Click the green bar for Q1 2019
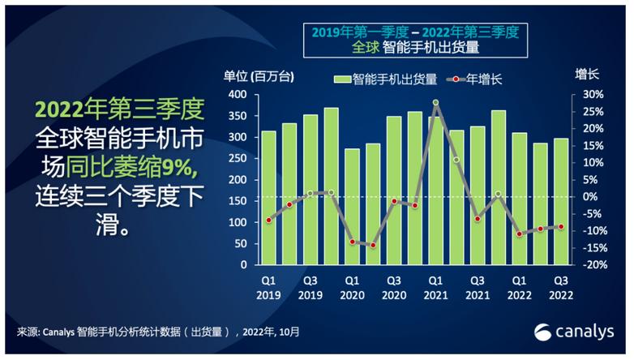(x=268, y=198)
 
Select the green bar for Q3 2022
(x=559, y=202)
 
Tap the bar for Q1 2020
(x=352, y=207)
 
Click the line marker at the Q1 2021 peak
(x=435, y=103)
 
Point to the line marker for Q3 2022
(x=559, y=227)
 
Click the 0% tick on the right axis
(x=589, y=197)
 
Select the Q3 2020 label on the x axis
(x=393, y=287)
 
